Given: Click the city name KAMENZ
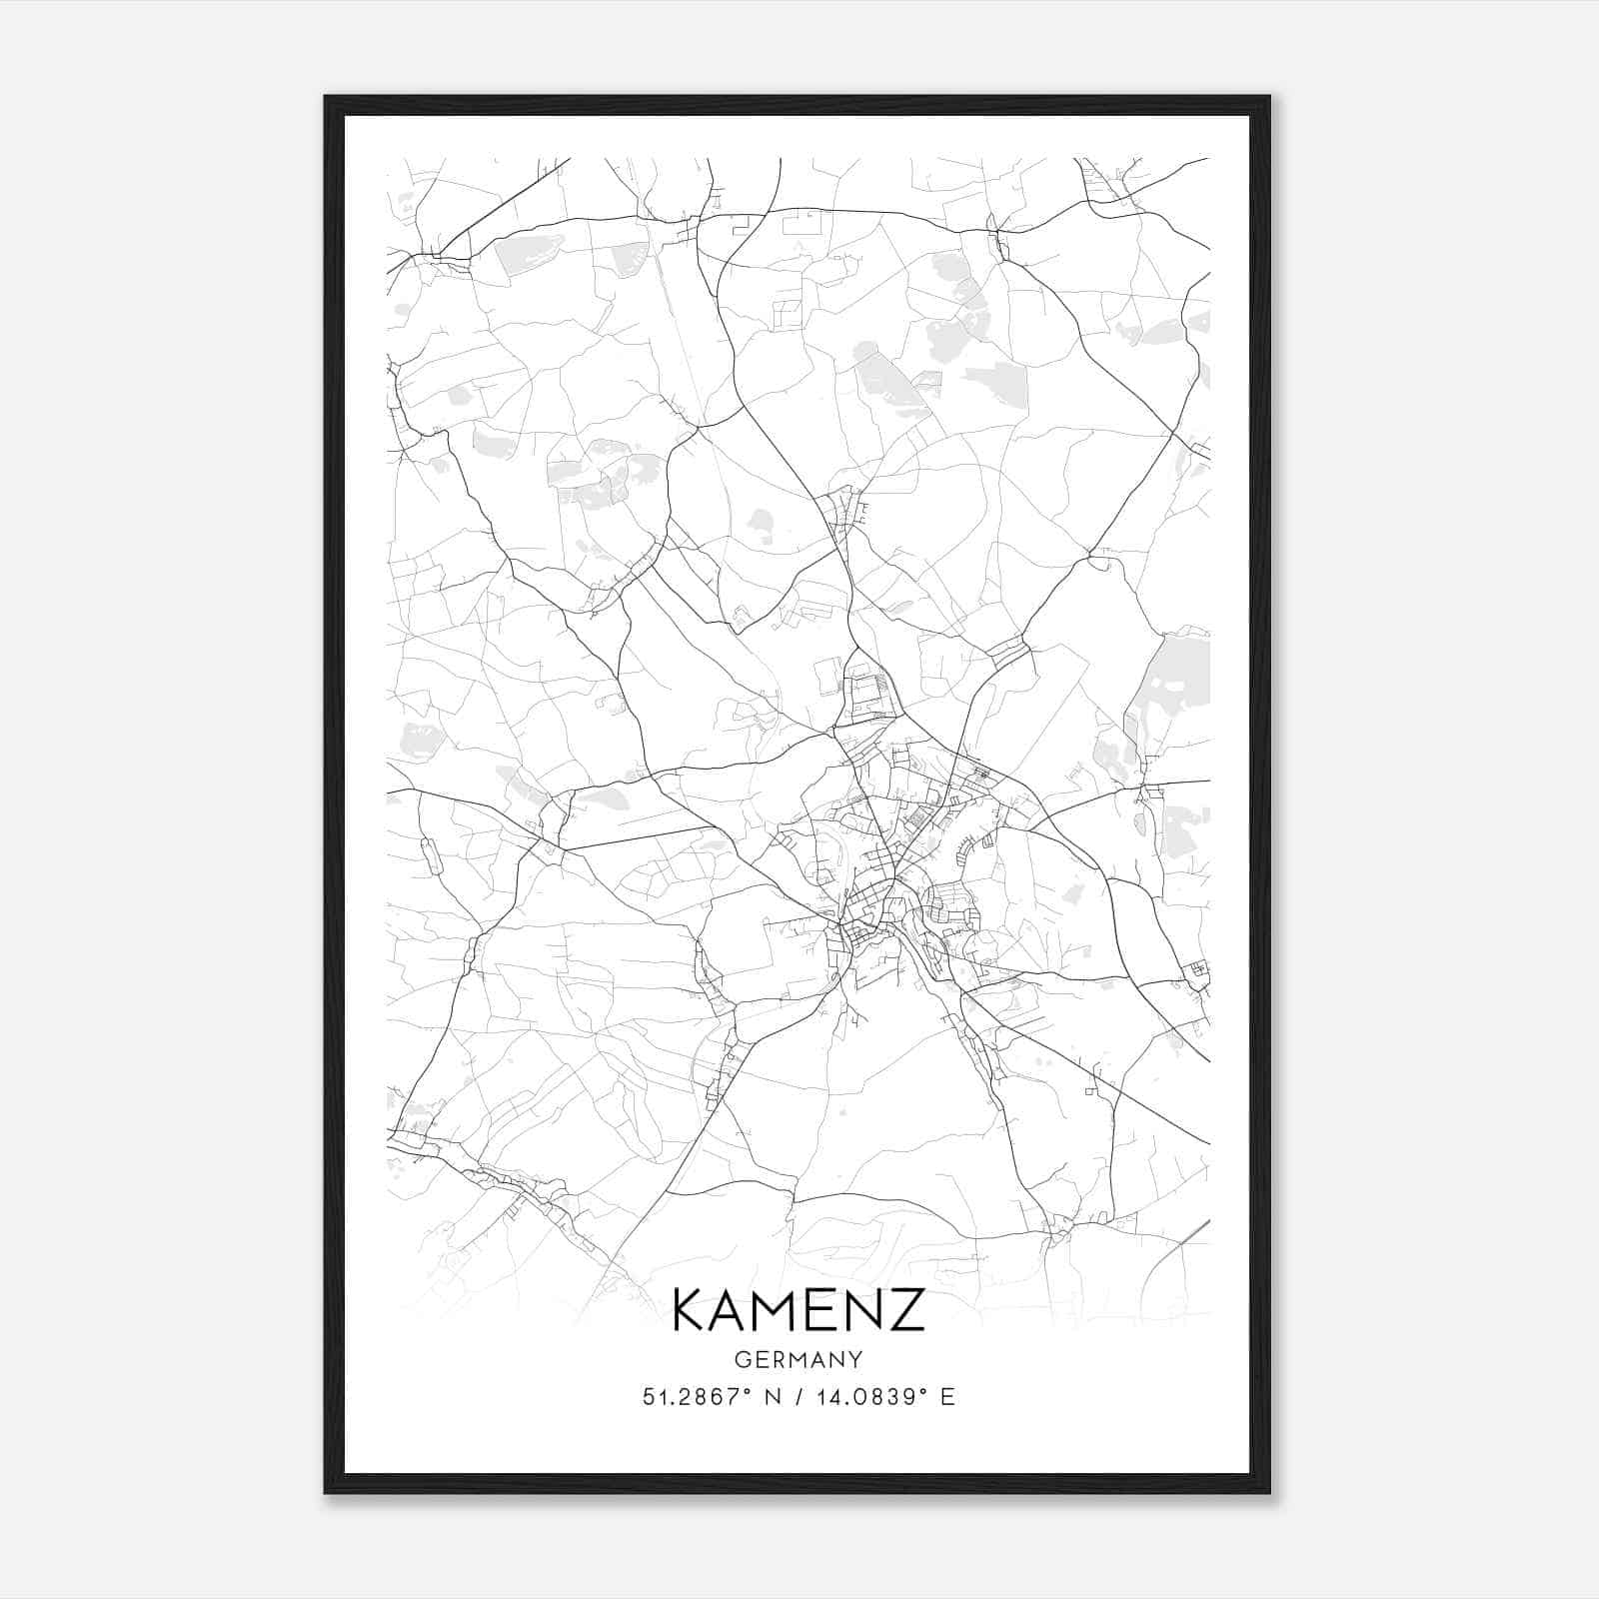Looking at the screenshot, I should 799,1310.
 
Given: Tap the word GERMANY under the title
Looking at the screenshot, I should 799,1359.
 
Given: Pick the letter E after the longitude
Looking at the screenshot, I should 947,1397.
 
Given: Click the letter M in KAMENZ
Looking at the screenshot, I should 783,1310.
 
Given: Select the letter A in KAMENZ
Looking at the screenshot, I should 735,1310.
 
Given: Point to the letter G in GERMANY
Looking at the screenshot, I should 741,1359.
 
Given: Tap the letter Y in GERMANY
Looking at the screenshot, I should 856,1359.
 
